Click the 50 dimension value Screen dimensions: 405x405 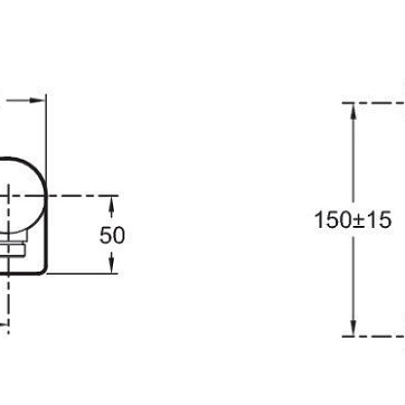112,236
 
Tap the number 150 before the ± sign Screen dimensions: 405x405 333,220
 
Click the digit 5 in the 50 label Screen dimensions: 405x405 105,236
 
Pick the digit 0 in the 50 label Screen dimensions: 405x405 119,236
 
